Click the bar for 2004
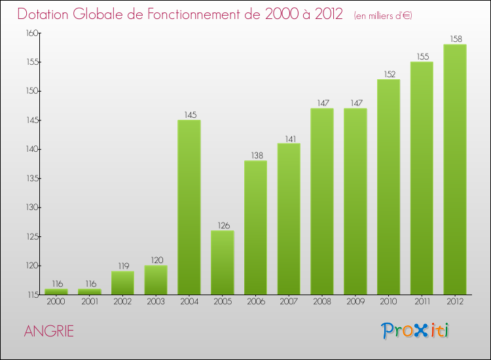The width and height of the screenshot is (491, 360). coord(189,207)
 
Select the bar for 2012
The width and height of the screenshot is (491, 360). coord(454,169)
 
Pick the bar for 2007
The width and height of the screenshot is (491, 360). coord(289,219)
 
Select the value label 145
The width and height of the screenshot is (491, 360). coord(189,115)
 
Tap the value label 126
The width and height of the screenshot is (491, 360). coord(223,225)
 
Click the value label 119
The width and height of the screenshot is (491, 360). coord(123,266)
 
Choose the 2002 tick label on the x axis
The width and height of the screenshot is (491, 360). coord(123,302)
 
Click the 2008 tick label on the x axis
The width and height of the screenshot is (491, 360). coord(322,302)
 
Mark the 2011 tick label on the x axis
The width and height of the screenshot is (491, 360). coord(422,302)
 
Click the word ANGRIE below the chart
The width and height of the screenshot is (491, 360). coord(48,331)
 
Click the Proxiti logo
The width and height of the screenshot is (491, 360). coord(416,331)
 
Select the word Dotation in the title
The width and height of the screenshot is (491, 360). coord(46,14)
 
